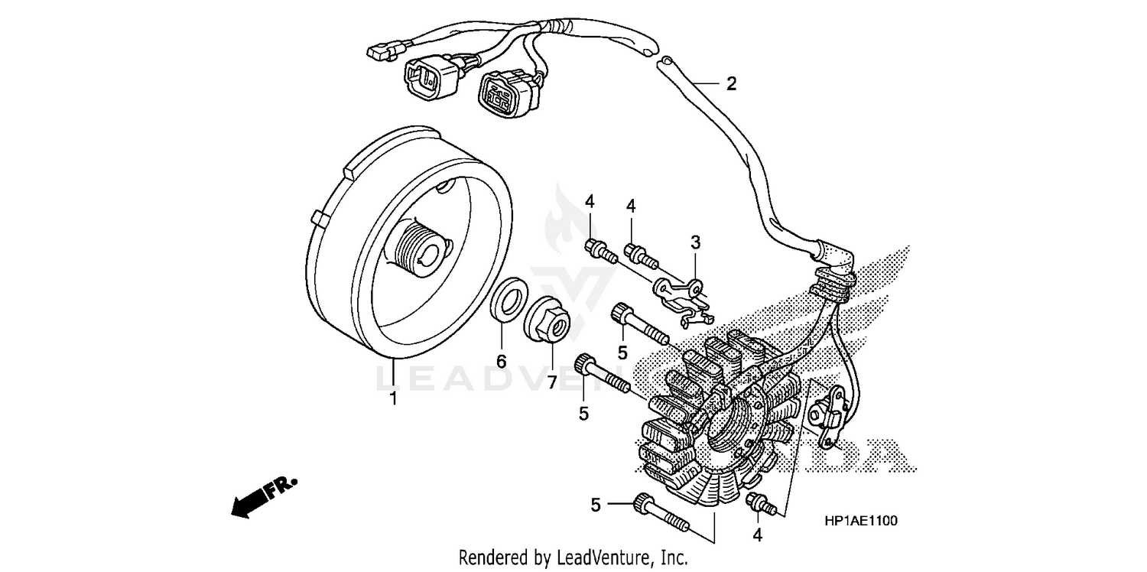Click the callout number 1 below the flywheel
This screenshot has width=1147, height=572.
click(x=394, y=398)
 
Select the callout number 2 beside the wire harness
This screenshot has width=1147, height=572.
click(x=731, y=84)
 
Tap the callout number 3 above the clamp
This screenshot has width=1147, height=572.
click(x=695, y=243)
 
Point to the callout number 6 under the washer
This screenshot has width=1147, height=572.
click(x=502, y=361)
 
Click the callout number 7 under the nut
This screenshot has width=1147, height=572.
click(x=552, y=382)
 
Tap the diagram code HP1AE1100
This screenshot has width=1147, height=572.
click(x=861, y=521)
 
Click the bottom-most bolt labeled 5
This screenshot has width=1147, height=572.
click(x=662, y=514)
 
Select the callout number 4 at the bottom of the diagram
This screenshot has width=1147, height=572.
click(x=757, y=536)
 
